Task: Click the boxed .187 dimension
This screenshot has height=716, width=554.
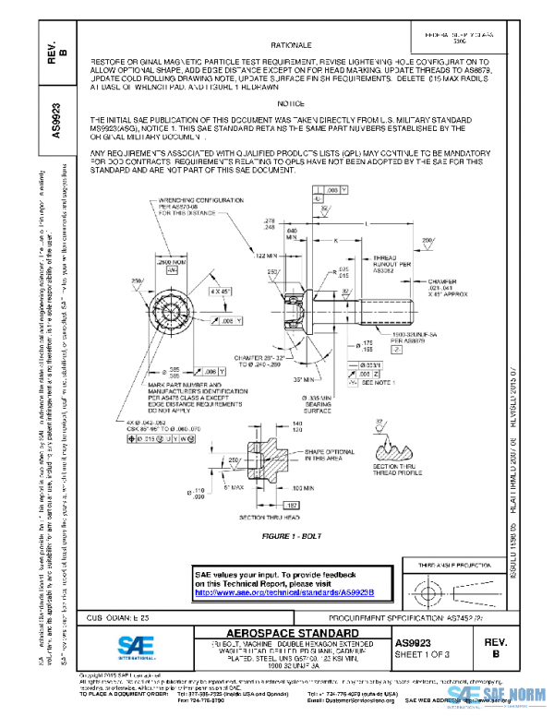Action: (289, 505)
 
